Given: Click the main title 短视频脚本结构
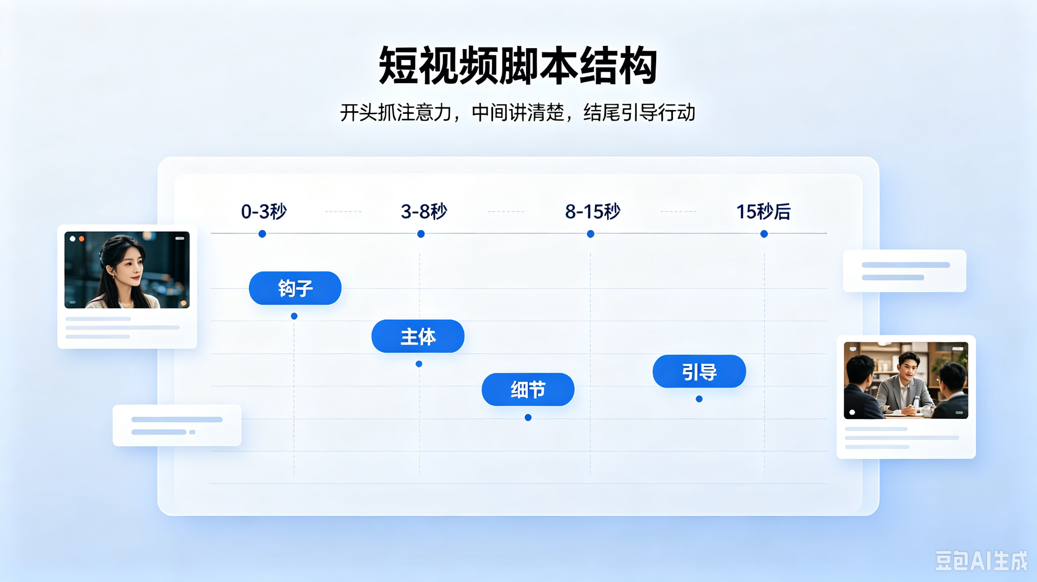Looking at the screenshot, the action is pyautogui.click(x=518, y=66).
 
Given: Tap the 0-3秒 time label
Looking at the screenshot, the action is pyautogui.click(x=264, y=211).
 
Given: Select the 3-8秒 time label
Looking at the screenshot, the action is pyautogui.click(x=424, y=211).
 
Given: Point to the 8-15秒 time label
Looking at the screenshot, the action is pyautogui.click(x=592, y=211).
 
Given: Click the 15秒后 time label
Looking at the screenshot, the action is pyautogui.click(x=763, y=211).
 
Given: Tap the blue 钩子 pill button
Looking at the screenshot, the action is pyautogui.click(x=295, y=288).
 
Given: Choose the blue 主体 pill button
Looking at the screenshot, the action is pyautogui.click(x=418, y=336).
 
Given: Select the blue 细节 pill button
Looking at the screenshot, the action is pyautogui.click(x=528, y=389).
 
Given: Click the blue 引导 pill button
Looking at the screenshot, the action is pyautogui.click(x=699, y=371).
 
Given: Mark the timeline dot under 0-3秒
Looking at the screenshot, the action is pyautogui.click(x=262, y=234).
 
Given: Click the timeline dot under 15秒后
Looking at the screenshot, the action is pyautogui.click(x=764, y=234).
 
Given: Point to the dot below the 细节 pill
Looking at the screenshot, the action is pyautogui.click(x=528, y=417).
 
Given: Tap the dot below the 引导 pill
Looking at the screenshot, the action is pyautogui.click(x=699, y=399).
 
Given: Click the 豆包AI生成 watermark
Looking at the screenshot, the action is pyautogui.click(x=981, y=561).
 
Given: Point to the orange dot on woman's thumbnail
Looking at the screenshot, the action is pyautogui.click(x=82, y=239).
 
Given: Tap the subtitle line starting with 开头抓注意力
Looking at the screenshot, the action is pyautogui.click(x=517, y=113).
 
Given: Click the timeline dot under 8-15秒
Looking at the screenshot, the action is pyautogui.click(x=590, y=234).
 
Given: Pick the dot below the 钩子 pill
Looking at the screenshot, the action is pyautogui.click(x=294, y=316).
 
